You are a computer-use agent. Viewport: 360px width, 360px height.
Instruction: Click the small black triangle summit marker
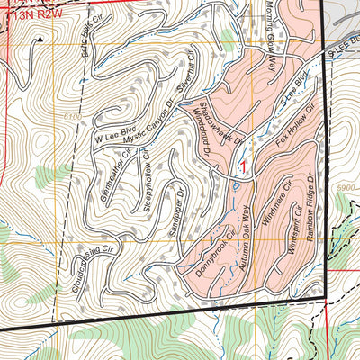40,40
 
